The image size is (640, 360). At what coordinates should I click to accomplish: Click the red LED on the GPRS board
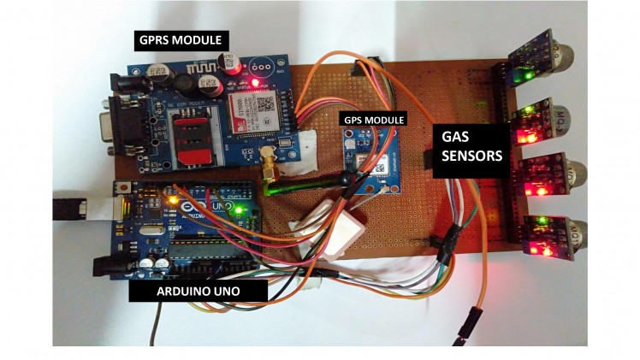[256, 82]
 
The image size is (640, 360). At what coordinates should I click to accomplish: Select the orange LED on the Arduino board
[171, 200]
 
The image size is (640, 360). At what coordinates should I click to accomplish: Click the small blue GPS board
[370, 159]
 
